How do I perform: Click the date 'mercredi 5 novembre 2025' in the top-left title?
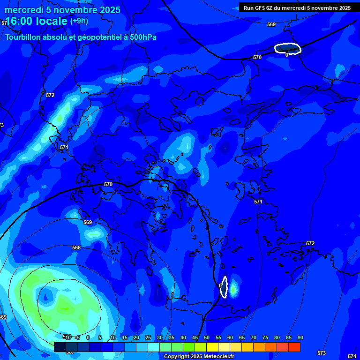pos(62,10)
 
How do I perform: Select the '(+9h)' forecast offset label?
pos(78,21)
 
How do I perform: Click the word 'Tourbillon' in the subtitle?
pos(23,37)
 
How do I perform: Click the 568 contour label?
pos(76,247)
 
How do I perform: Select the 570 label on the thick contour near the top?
pos(257,57)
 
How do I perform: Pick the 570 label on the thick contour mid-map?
pos(108,184)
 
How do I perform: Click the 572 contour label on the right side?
pos(310,243)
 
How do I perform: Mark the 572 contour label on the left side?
pos(50,95)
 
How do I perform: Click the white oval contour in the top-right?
pos(287,48)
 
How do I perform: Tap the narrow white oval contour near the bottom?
pos(224,286)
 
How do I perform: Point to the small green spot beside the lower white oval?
pos(233,287)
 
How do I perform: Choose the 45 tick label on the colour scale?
pos(195,337)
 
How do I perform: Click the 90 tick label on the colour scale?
pos(300,337)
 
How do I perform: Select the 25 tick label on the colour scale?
pos(148,337)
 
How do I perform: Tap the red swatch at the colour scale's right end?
pos(294,347)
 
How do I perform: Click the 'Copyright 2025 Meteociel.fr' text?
pos(199,356)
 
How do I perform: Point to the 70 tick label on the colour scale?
pos(253,337)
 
